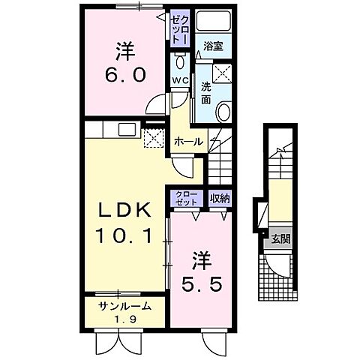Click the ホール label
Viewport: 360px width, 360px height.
click(x=188, y=142)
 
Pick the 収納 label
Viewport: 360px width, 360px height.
click(x=219, y=198)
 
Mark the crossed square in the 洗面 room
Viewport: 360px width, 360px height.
click(x=223, y=72)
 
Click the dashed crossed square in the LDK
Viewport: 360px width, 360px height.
click(x=153, y=137)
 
